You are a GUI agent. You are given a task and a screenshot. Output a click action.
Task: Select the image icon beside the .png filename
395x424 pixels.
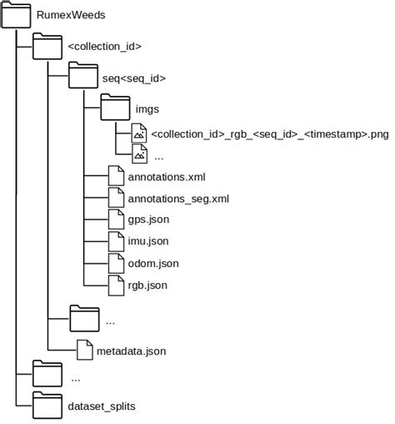coord(139,134)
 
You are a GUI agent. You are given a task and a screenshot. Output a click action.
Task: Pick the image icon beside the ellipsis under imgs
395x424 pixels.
coord(139,154)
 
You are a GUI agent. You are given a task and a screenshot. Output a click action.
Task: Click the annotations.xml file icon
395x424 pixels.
coord(117,177)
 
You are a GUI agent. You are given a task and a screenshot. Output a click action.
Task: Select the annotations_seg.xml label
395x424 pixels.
coord(178,199)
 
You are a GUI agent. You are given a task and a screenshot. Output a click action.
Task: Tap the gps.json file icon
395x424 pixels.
coord(117,220)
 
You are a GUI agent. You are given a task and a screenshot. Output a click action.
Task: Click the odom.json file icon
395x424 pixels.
coord(117,264)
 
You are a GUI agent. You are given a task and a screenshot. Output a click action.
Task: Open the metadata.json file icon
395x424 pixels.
coord(85,351)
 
